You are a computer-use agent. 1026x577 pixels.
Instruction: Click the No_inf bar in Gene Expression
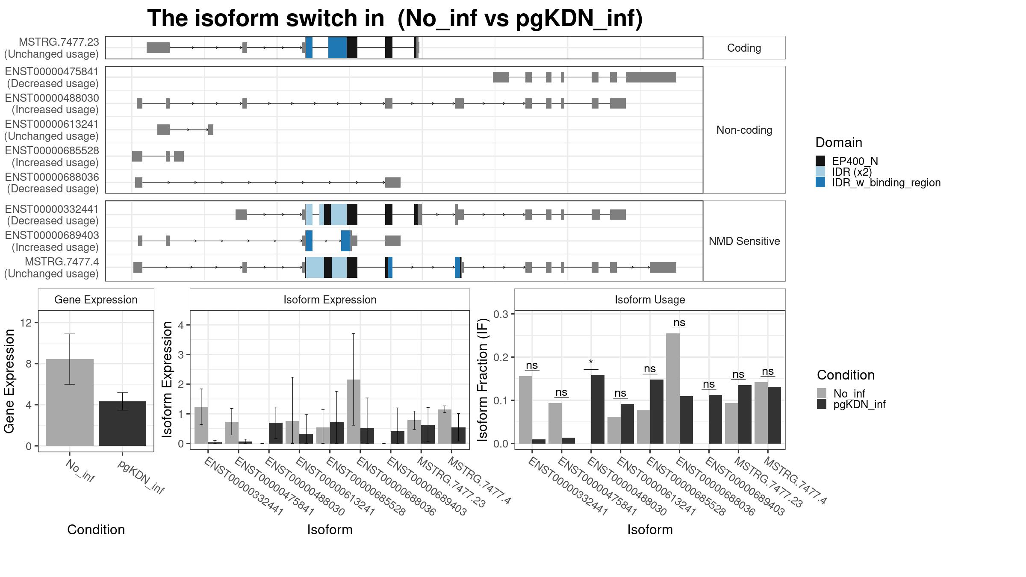tap(70, 402)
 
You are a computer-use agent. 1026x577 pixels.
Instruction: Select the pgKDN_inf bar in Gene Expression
tap(122, 424)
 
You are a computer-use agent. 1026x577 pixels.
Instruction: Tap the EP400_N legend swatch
tap(820, 161)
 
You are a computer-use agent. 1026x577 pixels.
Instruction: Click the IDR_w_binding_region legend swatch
tap(820, 182)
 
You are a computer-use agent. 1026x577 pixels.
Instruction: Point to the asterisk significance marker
tap(591, 362)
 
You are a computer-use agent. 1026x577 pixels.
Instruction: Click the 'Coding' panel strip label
tap(744, 48)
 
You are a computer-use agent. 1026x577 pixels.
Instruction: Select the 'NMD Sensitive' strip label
tap(744, 241)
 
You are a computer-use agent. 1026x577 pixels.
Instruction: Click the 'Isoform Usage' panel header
tap(650, 300)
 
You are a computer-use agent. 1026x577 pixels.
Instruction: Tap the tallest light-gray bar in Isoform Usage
tap(673, 389)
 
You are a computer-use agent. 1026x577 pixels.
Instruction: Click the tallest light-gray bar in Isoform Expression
tap(354, 412)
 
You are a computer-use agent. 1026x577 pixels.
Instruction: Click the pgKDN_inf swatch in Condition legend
tap(822, 404)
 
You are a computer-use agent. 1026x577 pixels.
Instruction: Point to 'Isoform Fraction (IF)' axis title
tap(483, 380)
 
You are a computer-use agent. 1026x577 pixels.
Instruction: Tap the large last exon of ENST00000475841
tap(652, 77)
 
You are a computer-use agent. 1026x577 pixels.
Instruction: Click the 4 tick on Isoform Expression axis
tap(181, 325)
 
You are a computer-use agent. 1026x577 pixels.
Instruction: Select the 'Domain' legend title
tap(839, 142)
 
